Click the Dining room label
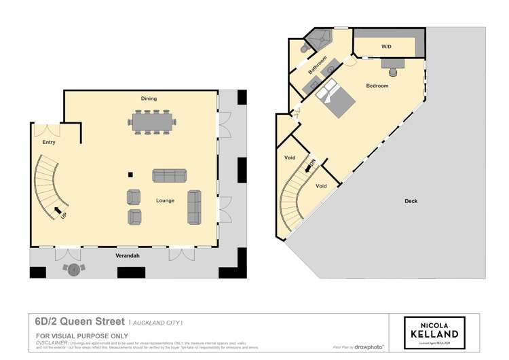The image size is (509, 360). click(x=149, y=98)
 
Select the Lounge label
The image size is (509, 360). click(x=165, y=200)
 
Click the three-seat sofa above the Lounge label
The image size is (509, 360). click(x=168, y=175)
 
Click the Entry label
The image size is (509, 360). click(x=49, y=143)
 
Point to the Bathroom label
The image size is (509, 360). click(x=317, y=67)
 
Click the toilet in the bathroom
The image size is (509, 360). click(x=303, y=49)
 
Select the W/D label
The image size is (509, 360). click(x=386, y=47)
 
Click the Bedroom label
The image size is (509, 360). click(x=377, y=86)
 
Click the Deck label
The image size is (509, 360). click(x=411, y=201)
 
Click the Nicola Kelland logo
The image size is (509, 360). click(x=434, y=330)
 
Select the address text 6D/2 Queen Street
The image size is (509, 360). click(x=80, y=321)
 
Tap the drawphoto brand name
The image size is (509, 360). click(x=371, y=347)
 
